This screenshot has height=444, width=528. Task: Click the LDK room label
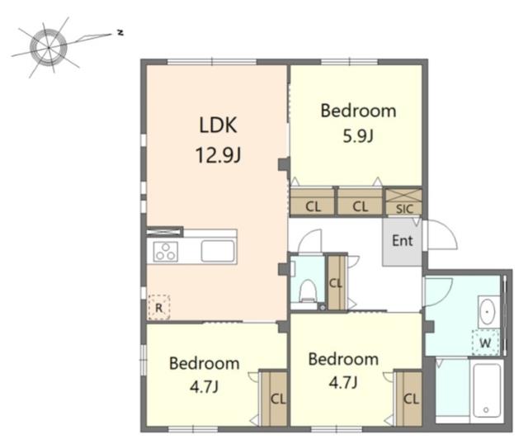pyautogui.click(x=218, y=125)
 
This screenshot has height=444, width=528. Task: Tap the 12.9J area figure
pyautogui.click(x=218, y=155)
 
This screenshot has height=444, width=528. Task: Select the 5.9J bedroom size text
pyautogui.click(x=358, y=136)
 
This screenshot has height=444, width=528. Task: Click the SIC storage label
pyautogui.click(x=404, y=209)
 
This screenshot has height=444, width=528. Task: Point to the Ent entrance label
pyautogui.click(x=403, y=240)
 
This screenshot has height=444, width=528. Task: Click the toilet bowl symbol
pyautogui.click(x=308, y=290)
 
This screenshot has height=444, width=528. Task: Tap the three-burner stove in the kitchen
pyautogui.click(x=165, y=252)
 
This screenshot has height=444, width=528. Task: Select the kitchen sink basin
pyautogui.click(x=218, y=251)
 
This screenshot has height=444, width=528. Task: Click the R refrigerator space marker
pyautogui.click(x=158, y=307)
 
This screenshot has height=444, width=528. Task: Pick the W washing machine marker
pyautogui.click(x=485, y=343)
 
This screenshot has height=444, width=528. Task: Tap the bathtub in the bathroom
pyautogui.click(x=487, y=391)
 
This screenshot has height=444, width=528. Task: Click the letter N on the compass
pyautogui.click(x=120, y=33)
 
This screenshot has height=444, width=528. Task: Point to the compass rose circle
pyautogui.click(x=49, y=47)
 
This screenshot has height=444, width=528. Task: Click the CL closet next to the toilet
pyautogui.click(x=337, y=282)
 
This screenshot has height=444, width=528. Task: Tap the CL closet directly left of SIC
pyautogui.click(x=360, y=202)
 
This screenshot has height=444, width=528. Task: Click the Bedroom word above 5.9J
pyautogui.click(x=358, y=111)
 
